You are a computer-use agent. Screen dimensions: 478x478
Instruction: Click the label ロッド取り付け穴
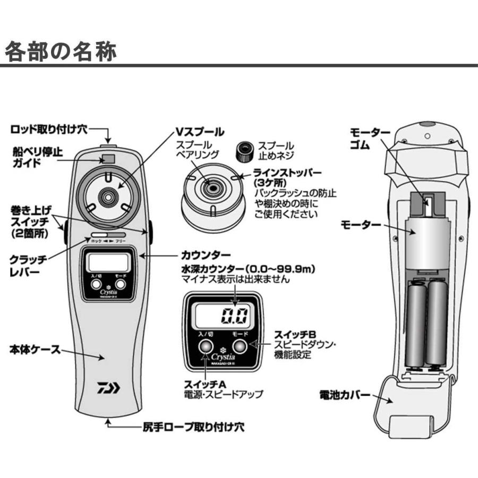coord(51,129)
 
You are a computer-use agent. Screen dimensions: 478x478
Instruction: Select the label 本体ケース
coord(34,351)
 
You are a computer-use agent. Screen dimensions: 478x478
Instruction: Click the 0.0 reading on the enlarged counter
coord(235,317)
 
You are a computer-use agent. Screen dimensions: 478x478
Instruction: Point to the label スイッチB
coord(295,334)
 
